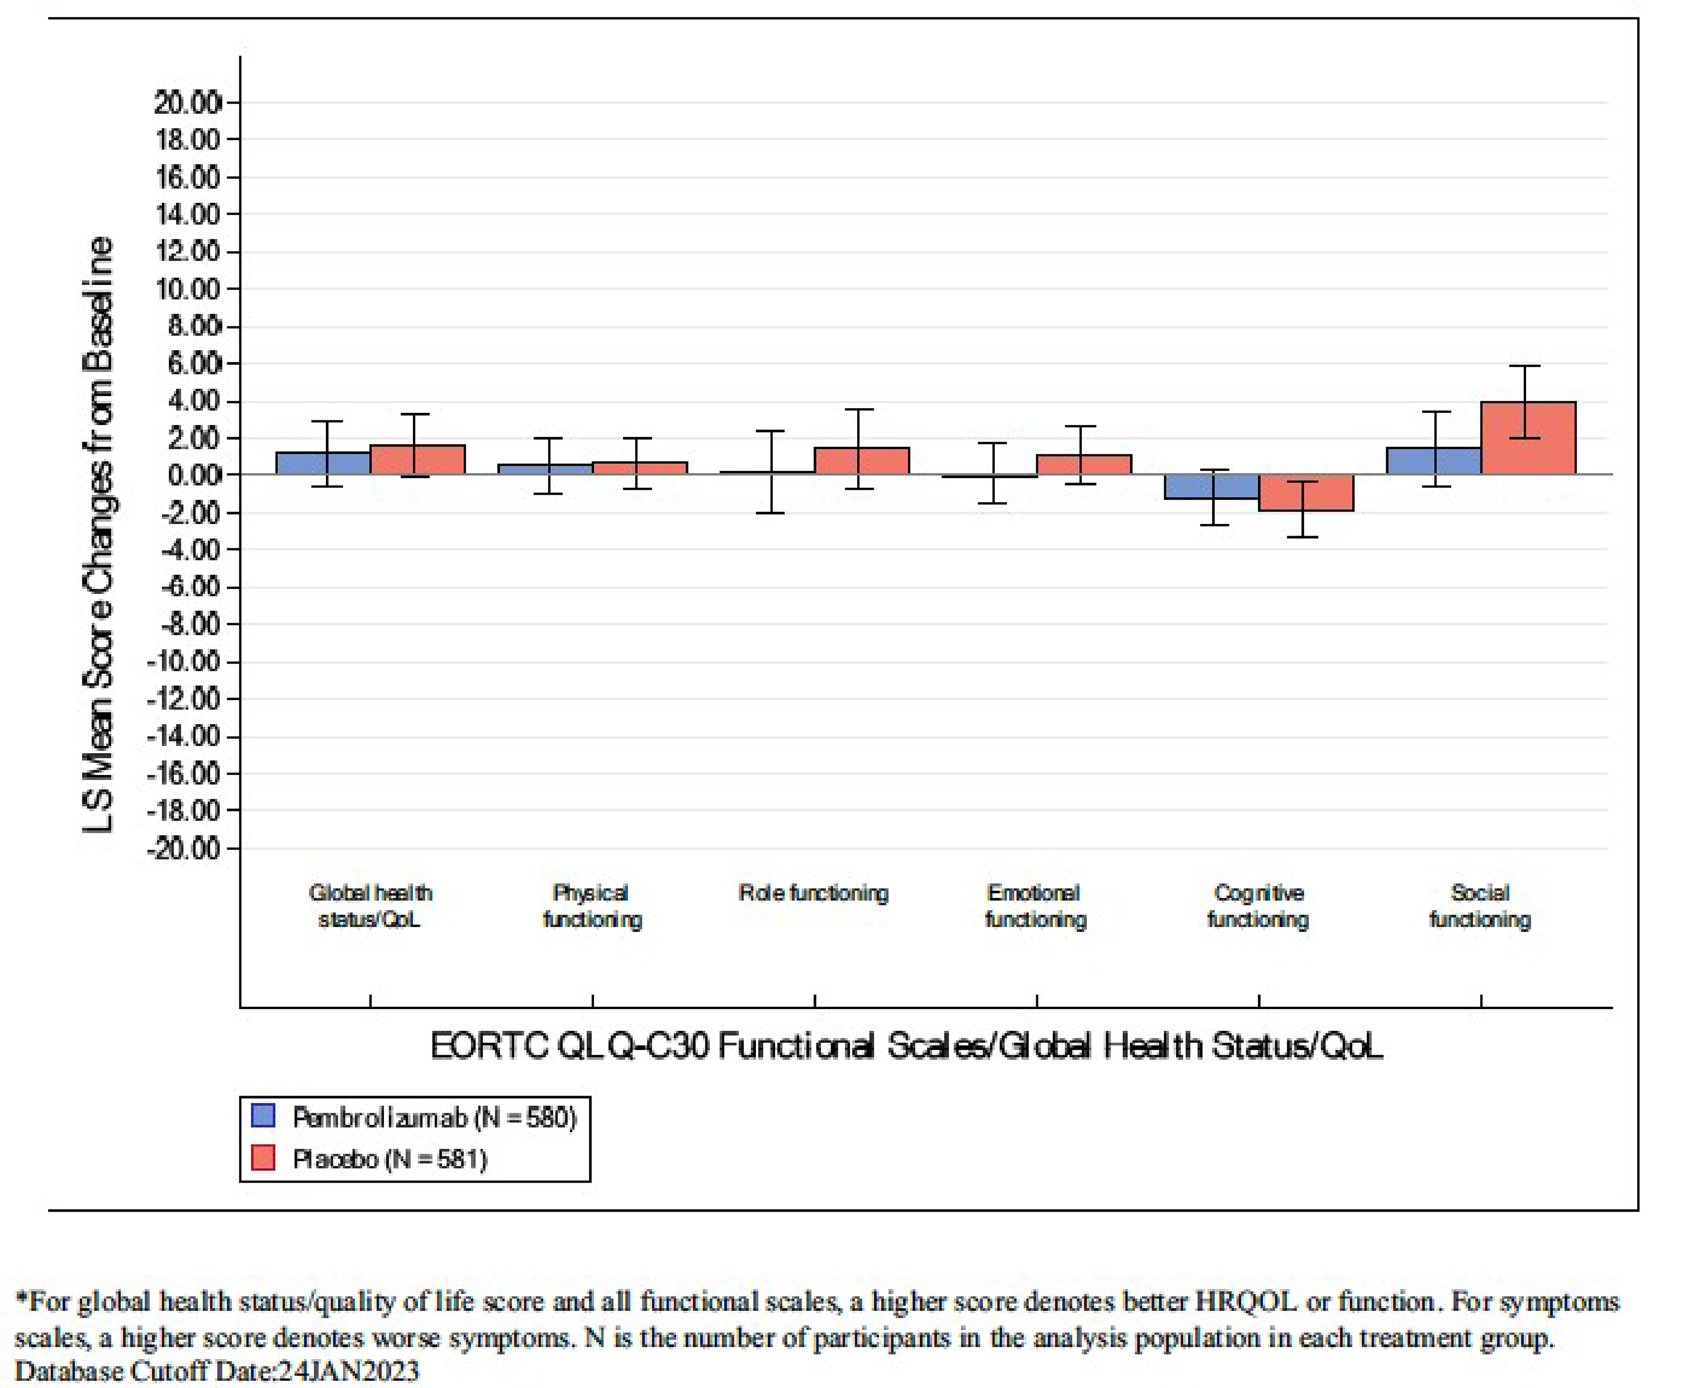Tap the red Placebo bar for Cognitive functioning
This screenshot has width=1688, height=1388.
click(1306, 493)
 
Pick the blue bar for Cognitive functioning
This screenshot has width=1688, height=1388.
click(1211, 487)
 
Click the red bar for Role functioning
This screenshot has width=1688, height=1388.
click(861, 461)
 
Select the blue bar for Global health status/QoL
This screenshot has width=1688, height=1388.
click(323, 464)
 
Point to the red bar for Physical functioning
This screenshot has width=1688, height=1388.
click(640, 469)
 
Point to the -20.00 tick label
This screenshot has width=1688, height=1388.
click(192, 848)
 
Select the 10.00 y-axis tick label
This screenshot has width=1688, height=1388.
click(188, 289)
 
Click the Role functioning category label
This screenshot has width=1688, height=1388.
click(813, 893)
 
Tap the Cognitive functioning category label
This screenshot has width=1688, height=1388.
click(1258, 906)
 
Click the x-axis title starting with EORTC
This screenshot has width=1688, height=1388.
click(906, 1046)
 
